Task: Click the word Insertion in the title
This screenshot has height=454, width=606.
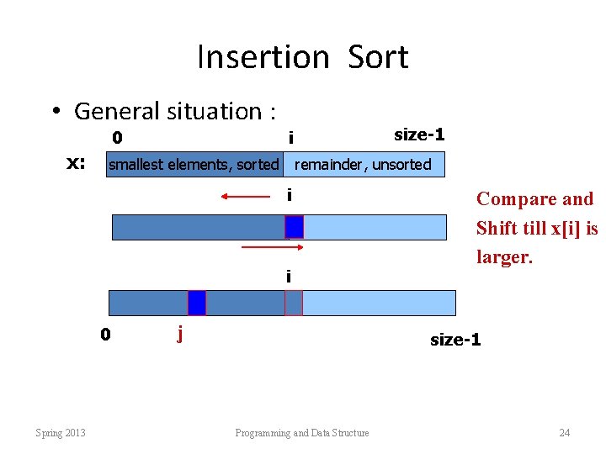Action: tap(263, 57)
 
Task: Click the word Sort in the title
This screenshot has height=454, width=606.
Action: tap(378, 57)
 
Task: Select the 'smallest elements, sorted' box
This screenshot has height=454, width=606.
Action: tap(194, 165)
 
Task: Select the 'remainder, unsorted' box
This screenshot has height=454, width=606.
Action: tap(363, 165)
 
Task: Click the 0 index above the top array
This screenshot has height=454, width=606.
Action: tap(118, 137)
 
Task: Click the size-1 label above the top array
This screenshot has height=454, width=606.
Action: tap(419, 135)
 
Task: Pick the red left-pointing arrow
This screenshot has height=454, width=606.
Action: tap(245, 196)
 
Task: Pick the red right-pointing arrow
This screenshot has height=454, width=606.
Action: tap(266, 248)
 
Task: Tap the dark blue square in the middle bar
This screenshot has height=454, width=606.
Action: tap(294, 227)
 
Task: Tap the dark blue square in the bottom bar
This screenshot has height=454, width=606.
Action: tap(196, 303)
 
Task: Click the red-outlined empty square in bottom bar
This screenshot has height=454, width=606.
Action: tap(293, 303)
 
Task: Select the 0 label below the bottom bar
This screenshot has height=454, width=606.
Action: tap(105, 335)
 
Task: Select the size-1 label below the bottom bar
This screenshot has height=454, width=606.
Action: tap(455, 340)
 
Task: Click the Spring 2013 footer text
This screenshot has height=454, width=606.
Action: tap(60, 433)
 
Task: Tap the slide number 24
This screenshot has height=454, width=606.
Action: tap(564, 433)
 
